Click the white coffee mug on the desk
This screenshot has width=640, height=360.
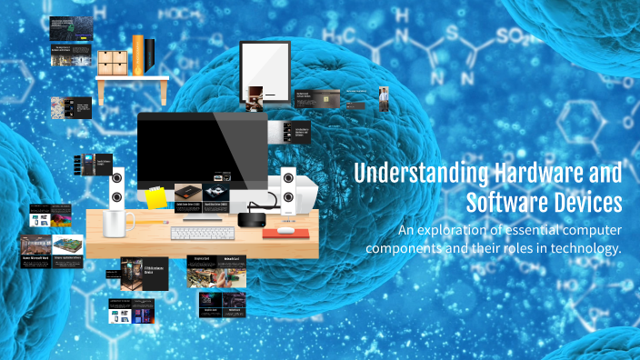pos(119,223)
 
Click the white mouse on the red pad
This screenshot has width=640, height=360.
pos(287,230)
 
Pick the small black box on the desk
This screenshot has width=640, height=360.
pos(252,219)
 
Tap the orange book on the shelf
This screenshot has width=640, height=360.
pos(137,56)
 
